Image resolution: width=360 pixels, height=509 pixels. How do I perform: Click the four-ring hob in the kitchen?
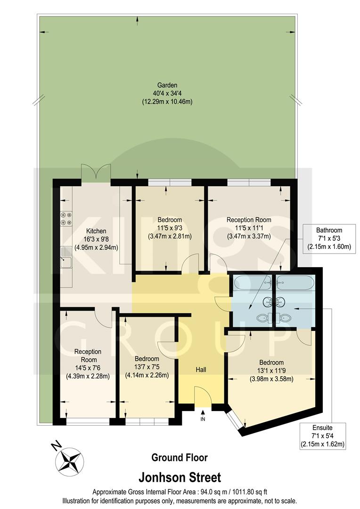(x=65, y=218)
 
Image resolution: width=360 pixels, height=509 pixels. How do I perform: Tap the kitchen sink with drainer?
(x=65, y=260)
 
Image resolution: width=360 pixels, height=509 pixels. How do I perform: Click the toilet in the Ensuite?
(x=285, y=318)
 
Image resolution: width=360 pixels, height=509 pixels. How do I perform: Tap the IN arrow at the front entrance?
(x=203, y=415)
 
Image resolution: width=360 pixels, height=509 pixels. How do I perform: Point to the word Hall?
(x=201, y=369)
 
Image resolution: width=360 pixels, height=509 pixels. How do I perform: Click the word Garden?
(x=167, y=85)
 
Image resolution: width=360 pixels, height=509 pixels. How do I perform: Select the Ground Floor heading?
(x=179, y=457)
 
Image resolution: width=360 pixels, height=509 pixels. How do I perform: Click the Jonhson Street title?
(x=180, y=477)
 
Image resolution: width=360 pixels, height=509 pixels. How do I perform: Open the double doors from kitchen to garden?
(x=96, y=172)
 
